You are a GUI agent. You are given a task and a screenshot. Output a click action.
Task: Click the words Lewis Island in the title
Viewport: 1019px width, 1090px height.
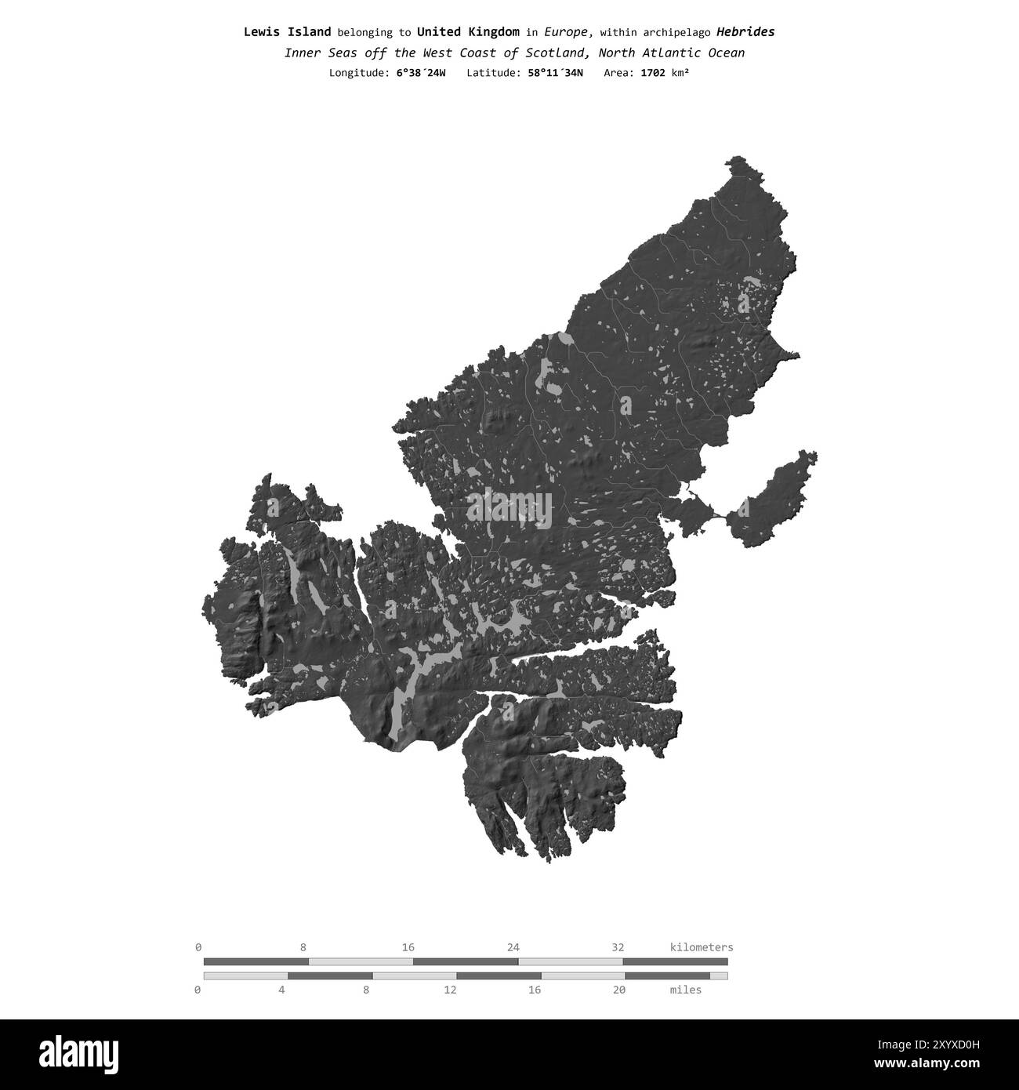pos(287,32)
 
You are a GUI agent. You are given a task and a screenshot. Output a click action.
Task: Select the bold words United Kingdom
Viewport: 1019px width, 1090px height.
pos(468,32)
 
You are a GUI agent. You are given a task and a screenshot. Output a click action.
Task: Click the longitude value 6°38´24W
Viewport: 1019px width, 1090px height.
pos(421,73)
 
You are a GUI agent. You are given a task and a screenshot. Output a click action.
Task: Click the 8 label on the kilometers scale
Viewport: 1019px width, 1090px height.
pos(303,947)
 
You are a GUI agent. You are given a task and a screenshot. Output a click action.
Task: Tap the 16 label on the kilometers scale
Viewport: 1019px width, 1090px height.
pos(408,947)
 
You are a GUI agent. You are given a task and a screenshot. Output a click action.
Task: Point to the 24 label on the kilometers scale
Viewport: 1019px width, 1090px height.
pos(513,947)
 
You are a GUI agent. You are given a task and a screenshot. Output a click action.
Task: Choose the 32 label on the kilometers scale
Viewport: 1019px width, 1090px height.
pos(618,947)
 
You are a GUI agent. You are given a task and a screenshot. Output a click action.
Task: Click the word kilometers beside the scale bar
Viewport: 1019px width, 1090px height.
pos(702,947)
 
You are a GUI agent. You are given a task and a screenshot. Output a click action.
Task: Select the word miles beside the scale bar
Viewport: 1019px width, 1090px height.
pos(686,990)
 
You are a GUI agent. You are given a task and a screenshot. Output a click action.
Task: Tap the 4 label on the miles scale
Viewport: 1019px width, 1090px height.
pos(281,990)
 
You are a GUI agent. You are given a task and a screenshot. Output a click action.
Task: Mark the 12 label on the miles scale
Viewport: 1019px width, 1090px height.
pos(450,990)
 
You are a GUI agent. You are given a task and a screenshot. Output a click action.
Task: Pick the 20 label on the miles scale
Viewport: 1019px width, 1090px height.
pos(619,990)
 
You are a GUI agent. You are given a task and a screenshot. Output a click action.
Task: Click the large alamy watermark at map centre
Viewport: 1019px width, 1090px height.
pos(509,507)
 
